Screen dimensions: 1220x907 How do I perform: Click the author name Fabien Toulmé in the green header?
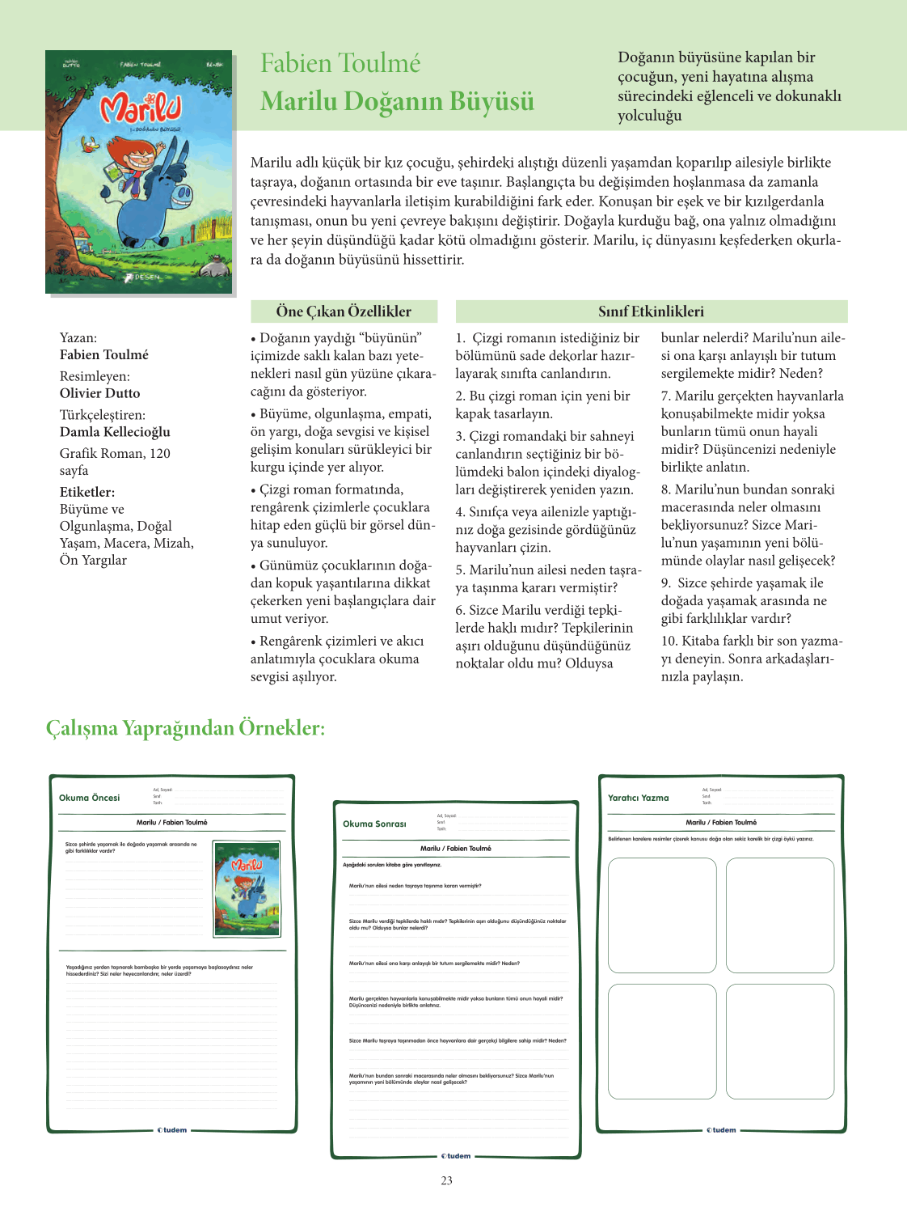340,63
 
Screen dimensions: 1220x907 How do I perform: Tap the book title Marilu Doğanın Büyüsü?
397,102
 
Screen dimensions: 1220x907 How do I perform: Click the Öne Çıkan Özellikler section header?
344,311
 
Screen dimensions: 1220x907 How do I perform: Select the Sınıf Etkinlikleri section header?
651,311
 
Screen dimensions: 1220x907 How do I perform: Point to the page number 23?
447,1180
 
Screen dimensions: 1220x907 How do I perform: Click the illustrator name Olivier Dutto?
99,393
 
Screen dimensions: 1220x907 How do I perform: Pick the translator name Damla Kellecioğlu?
115,432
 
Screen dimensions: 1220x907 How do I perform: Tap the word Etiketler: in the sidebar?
87,492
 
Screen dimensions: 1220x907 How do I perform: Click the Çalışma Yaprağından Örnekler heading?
185,728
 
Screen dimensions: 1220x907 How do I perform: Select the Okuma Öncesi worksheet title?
89,798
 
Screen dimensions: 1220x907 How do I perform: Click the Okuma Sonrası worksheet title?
374,824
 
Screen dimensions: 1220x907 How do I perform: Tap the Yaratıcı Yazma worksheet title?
638,798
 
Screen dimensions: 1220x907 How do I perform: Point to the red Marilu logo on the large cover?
140,108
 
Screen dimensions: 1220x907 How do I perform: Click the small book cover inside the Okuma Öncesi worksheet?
247,888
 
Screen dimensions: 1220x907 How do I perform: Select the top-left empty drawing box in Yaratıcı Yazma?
662,915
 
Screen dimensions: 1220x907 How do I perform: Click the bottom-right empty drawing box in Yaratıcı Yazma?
780,1041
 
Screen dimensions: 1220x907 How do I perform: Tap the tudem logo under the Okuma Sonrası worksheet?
456,1156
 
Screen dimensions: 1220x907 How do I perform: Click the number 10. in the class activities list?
669,642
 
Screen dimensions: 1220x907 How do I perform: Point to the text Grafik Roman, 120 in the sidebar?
115,453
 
